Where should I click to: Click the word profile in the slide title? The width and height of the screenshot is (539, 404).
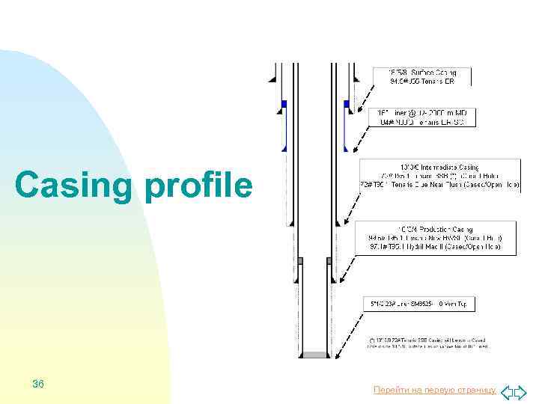coord(198,185)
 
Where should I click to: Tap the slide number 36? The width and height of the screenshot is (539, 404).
coord(38,384)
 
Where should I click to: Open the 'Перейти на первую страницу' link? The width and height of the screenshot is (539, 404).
coord(434,391)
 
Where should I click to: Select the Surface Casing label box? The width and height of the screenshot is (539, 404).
coord(421,76)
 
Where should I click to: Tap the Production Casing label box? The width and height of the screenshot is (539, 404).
coord(435,236)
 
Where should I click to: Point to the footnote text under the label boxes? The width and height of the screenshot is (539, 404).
coord(427,342)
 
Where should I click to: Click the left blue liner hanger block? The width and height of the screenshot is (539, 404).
coord(284,104)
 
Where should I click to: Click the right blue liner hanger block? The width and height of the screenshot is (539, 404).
coord(346,104)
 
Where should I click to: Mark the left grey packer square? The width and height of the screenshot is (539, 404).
coord(299,260)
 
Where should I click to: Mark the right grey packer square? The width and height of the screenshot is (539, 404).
coord(329,260)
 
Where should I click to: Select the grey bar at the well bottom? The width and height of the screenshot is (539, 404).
coord(314,355)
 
